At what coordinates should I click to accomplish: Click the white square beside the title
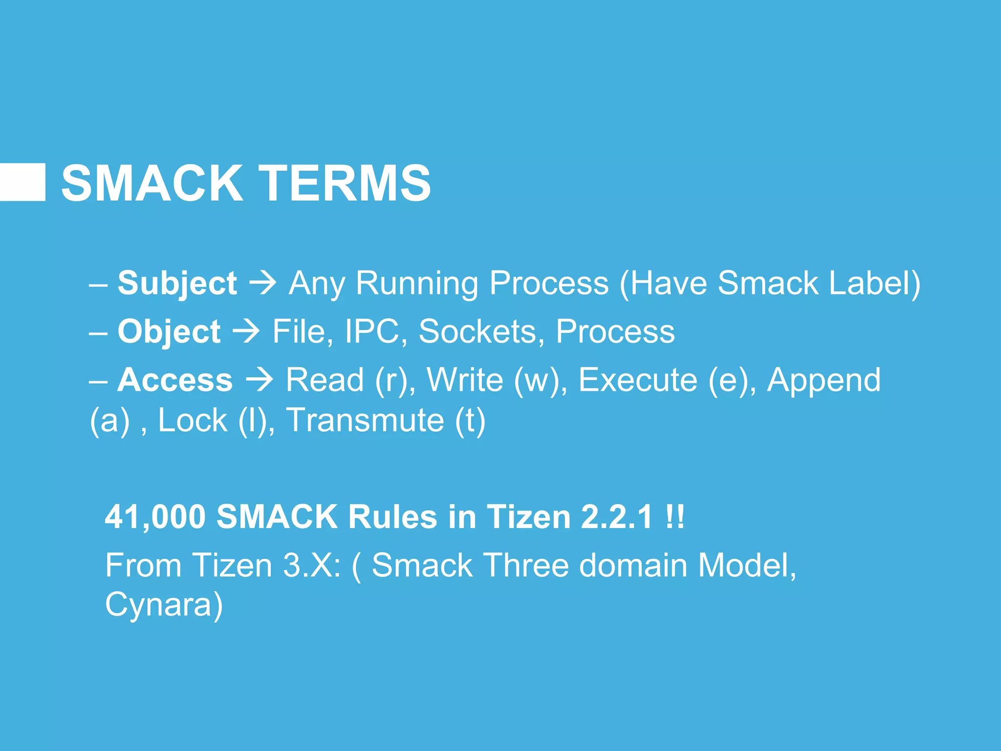[22, 182]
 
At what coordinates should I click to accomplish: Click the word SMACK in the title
[152, 183]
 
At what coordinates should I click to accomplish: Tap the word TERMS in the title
[345, 183]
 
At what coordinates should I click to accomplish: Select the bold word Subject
[177, 284]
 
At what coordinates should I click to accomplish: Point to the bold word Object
[169, 332]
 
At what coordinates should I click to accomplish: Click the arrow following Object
[246, 332]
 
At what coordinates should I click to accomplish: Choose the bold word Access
[175, 380]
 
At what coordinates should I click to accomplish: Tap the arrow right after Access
[260, 380]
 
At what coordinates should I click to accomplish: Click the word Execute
[638, 380]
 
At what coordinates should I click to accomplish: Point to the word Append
[824, 380]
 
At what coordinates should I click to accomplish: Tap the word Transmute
[365, 420]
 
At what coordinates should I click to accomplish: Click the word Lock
[193, 420]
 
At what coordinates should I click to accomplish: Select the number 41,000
[155, 517]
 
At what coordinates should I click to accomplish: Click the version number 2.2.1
[617, 517]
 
